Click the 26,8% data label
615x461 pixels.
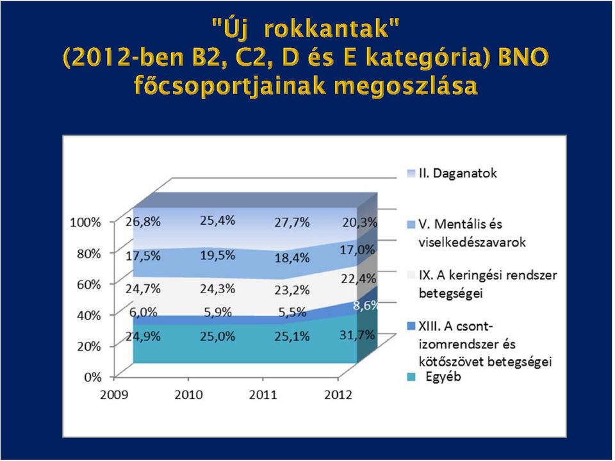point(143,222)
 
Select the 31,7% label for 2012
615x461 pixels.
point(357,335)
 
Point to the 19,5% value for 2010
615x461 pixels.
point(218,255)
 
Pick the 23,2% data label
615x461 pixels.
point(292,289)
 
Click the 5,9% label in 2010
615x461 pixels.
point(218,312)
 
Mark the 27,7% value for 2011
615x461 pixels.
point(292,222)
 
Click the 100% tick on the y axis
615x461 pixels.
point(85,222)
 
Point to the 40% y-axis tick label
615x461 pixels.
point(89,315)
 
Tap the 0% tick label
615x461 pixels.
point(92,376)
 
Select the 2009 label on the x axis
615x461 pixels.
point(114,394)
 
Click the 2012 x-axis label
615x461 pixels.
point(338,394)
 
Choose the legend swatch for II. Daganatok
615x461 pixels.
point(411,174)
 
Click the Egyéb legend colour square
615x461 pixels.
point(411,377)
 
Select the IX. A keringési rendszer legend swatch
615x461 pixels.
point(411,275)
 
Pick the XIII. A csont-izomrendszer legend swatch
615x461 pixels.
point(411,326)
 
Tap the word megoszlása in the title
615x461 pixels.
point(406,85)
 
